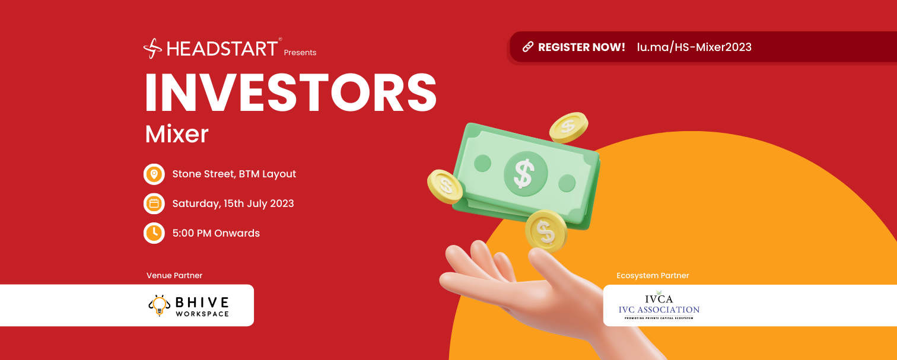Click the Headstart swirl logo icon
pos(152,49)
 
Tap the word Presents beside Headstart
pos(300,52)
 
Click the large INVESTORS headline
pos(291,93)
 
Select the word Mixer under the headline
pos(177,134)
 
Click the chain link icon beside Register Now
pos(528,47)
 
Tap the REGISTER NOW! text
pos(581,47)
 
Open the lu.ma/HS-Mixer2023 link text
pos(694,47)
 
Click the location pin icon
pos(154,174)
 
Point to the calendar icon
pos(154,204)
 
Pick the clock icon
pos(154,233)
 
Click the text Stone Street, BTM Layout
pos(234,174)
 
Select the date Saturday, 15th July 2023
pos(233,204)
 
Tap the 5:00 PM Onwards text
pos(216,233)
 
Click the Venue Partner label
pos(174,276)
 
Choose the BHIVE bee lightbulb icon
pos(160,305)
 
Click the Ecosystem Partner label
pos(653,276)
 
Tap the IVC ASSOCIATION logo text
pos(659,310)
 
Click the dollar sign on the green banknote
pos(524,173)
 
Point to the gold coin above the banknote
pos(568,128)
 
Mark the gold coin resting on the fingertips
pos(546,231)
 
